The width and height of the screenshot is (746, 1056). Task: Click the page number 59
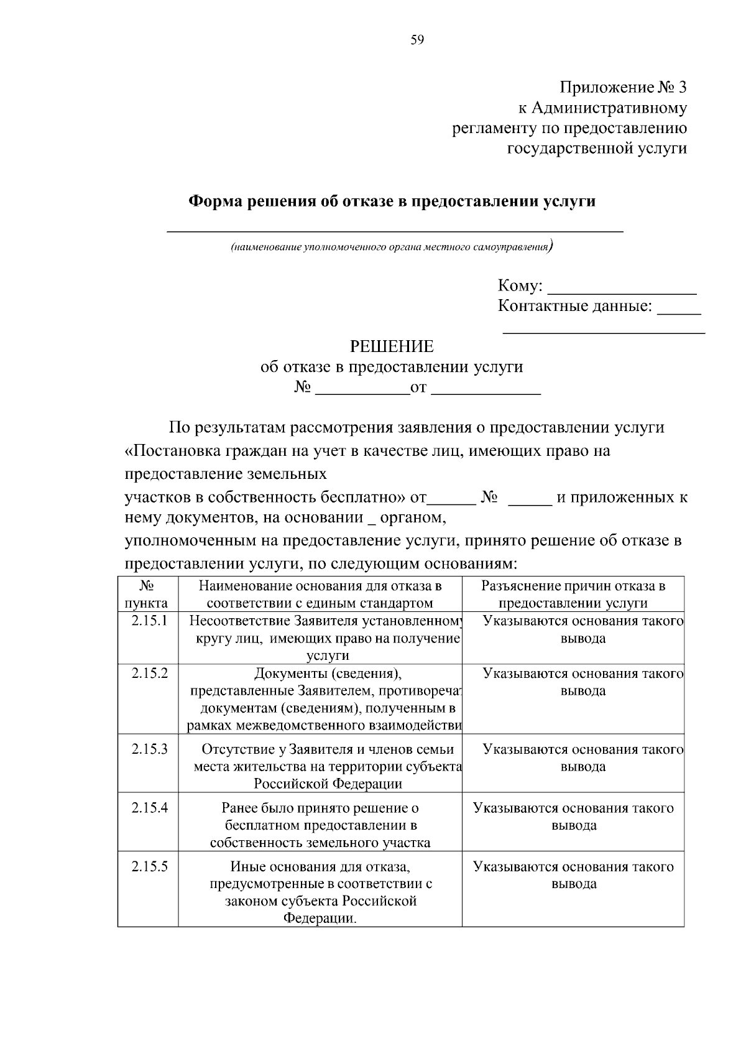coord(417,40)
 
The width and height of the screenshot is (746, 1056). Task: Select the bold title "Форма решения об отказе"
coord(392,201)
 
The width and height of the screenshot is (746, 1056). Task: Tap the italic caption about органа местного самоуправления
coord(391,247)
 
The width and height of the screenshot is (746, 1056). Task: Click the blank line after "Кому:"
coord(624,289)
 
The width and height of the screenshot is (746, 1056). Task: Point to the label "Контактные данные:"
coord(575,306)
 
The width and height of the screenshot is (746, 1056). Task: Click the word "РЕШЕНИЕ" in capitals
coord(392,346)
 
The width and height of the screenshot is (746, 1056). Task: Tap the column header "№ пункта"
coord(147,595)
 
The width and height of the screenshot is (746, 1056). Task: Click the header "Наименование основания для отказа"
coord(320,595)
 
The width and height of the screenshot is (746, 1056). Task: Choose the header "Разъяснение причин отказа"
coord(573,595)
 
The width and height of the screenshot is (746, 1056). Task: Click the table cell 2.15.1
coord(149,621)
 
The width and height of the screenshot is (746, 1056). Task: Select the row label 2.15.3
coord(149,749)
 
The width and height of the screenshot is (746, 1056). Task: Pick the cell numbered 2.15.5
coord(149,867)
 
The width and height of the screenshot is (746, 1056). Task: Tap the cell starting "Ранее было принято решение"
coord(320,825)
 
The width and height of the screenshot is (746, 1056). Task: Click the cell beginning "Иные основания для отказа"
coord(320,892)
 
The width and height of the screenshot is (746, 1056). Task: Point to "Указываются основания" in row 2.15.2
coord(583,674)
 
